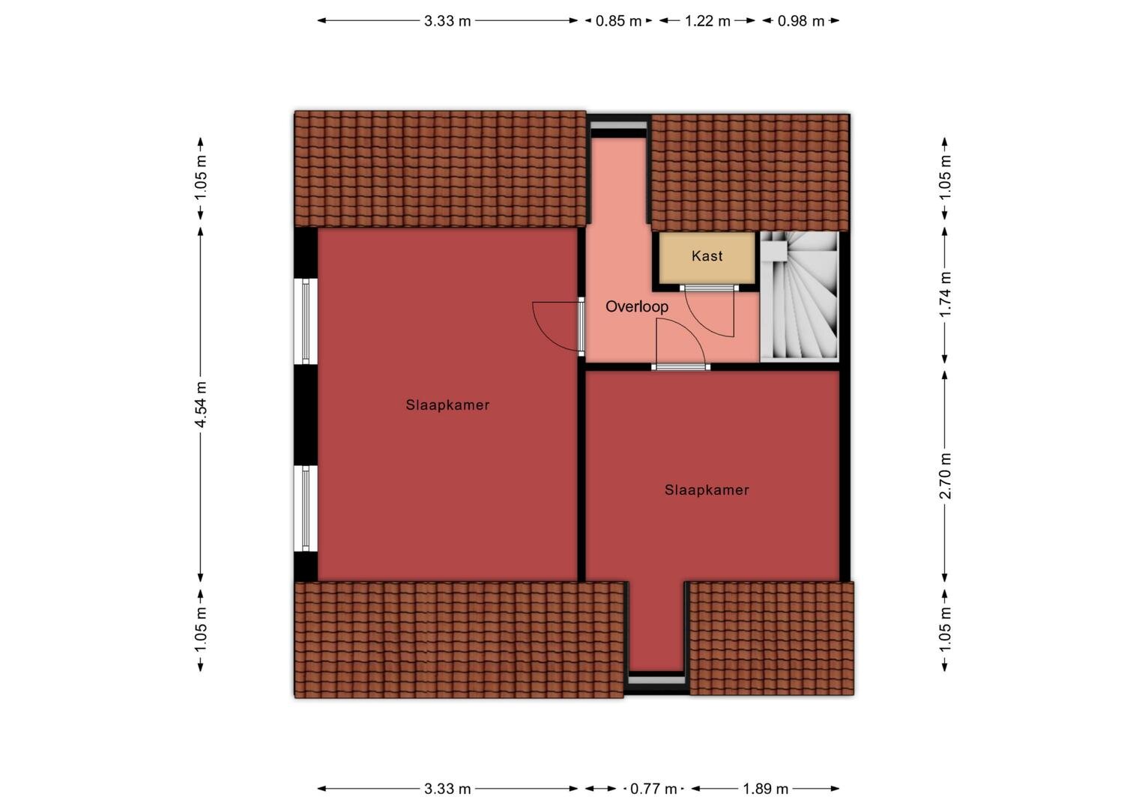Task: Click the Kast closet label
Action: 707,255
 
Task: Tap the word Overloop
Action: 637,306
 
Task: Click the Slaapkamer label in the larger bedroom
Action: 447,404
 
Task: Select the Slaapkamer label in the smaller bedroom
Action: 707,490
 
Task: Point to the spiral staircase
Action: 800,297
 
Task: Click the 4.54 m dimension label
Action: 200,404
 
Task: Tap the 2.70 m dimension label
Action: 945,476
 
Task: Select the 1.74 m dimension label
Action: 945,294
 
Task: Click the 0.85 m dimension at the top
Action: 618,21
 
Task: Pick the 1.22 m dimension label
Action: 707,21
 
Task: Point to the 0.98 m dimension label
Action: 801,21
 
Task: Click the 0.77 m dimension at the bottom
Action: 653,789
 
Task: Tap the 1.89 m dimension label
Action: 765,789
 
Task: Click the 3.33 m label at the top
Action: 447,21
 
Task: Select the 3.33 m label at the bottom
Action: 447,789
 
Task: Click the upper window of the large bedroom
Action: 306,321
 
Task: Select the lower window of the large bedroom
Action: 306,509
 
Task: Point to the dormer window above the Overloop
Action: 618,126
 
